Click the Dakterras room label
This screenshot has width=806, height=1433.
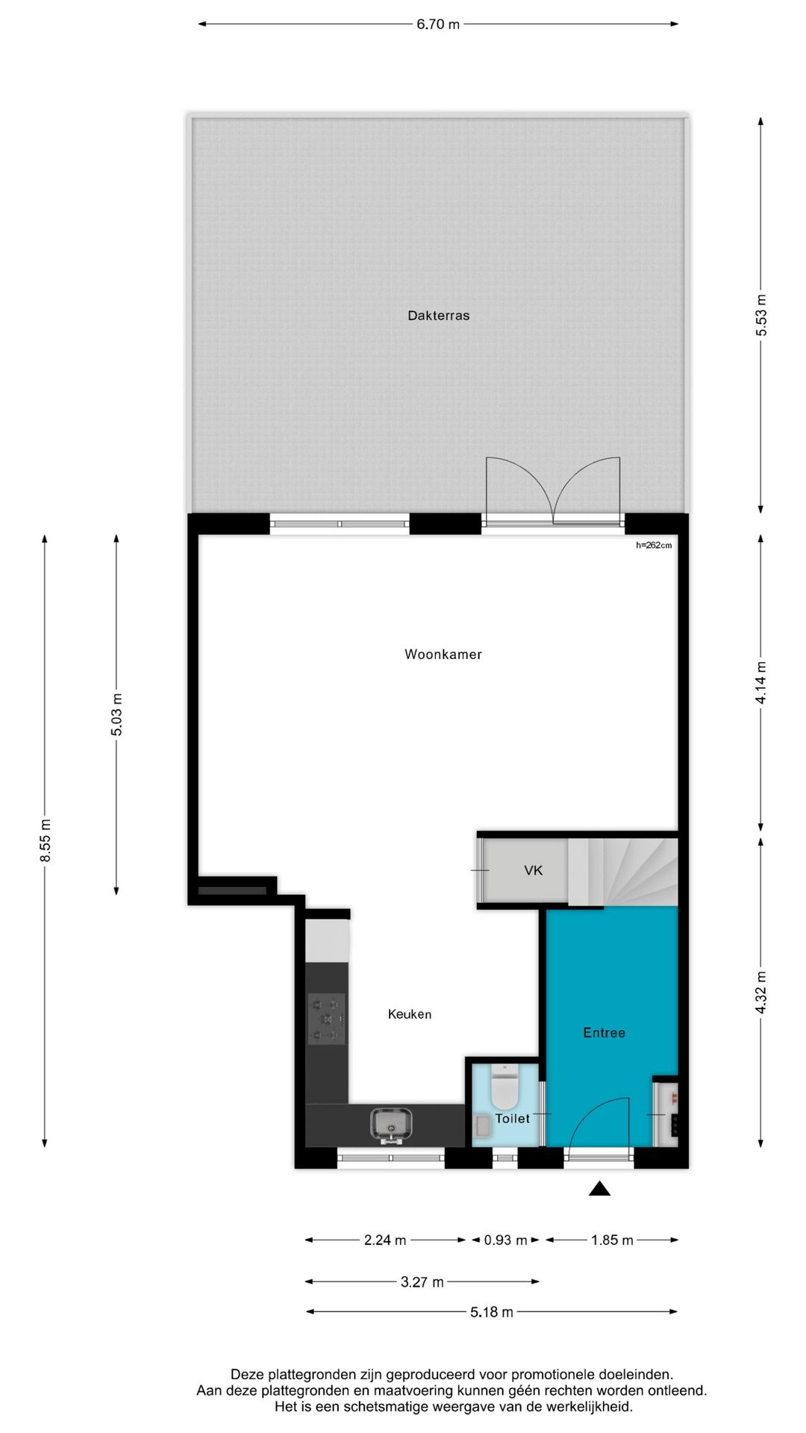point(438,316)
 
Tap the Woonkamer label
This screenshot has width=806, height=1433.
point(443,655)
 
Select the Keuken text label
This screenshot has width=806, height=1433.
point(409,1014)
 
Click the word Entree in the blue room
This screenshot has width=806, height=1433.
point(604,1033)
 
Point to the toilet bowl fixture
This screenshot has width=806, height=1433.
point(504,1087)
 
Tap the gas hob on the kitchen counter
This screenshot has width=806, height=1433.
point(327,1018)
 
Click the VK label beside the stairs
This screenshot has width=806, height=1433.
point(533,870)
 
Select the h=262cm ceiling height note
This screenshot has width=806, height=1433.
point(654,546)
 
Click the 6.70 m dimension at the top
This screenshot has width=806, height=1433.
point(438,25)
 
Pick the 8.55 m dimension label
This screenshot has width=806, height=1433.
point(46,840)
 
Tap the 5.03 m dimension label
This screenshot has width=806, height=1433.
point(117,714)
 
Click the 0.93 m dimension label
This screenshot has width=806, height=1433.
point(505,1240)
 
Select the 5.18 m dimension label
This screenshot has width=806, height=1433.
point(491,1312)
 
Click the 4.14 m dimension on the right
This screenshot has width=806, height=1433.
point(760,683)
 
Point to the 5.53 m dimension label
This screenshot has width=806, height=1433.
point(760,316)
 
